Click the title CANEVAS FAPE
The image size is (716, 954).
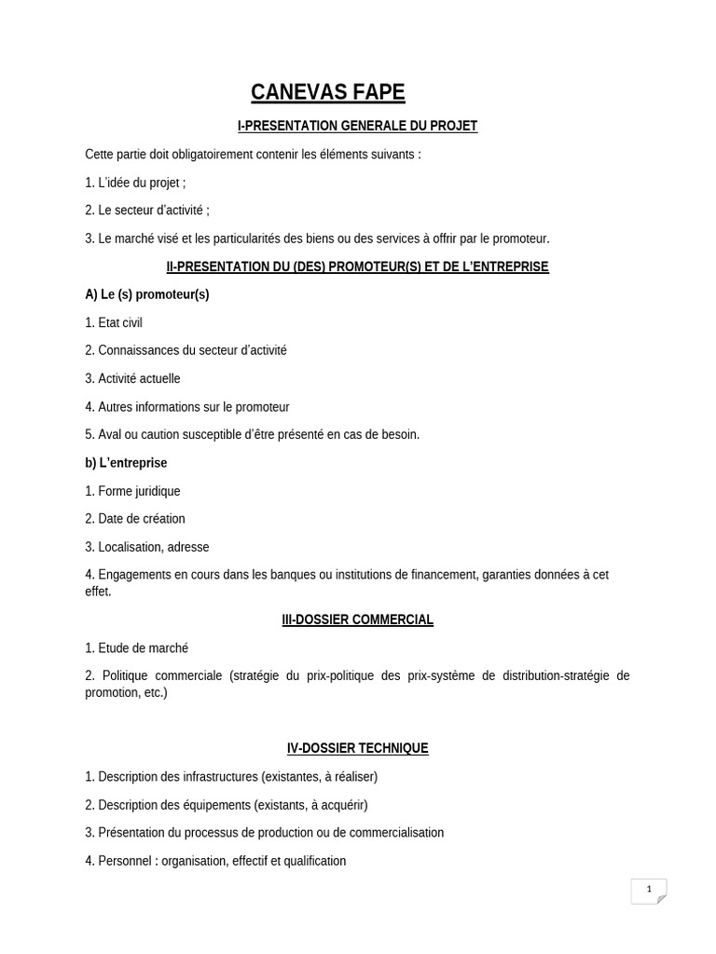pos(327,92)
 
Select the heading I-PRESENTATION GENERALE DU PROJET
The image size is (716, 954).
pos(357,126)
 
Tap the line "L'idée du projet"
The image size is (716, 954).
pos(135,183)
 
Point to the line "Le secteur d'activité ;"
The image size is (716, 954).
pos(147,211)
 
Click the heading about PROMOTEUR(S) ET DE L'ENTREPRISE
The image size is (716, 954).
pos(357,266)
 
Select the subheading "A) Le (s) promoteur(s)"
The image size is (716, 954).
pos(147,294)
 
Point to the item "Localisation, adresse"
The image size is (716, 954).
pos(147,547)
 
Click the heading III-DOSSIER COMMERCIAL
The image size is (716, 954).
pos(357,620)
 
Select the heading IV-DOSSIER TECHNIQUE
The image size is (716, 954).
pos(357,748)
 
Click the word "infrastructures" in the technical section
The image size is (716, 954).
pos(216,776)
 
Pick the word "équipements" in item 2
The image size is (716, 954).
pos(216,804)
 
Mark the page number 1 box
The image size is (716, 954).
pos(649,891)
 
